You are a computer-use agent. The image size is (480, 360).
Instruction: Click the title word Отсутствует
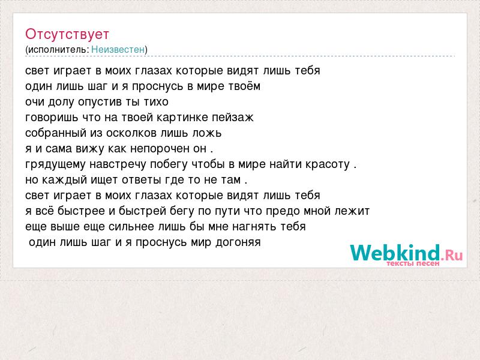click(67, 34)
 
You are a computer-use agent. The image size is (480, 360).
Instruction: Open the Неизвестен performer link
click(118, 49)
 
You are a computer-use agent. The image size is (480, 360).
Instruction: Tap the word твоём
click(244, 86)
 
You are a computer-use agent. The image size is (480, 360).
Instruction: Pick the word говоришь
click(47, 117)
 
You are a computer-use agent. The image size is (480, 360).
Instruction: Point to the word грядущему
click(55, 164)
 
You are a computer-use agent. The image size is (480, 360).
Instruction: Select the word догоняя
click(238, 242)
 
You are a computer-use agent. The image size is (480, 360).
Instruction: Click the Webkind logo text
click(395, 253)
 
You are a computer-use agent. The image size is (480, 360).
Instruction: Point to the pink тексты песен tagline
click(413, 263)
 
